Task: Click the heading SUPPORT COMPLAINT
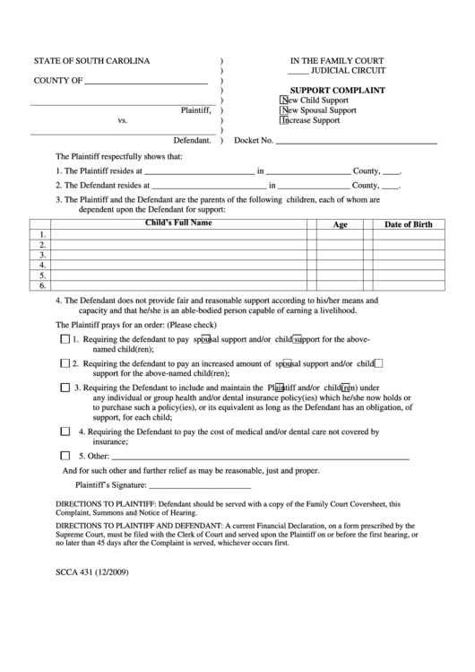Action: tap(337, 91)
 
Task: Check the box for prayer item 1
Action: tap(65, 340)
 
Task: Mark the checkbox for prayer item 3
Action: tap(65, 388)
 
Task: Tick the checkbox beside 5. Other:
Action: tap(65, 455)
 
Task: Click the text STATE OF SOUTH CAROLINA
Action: tap(92, 61)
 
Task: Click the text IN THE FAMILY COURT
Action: tap(336, 61)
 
